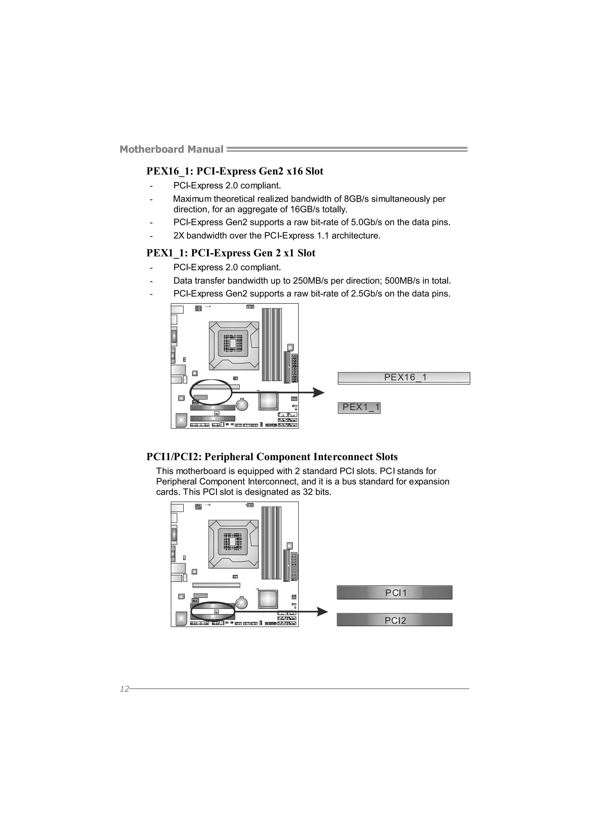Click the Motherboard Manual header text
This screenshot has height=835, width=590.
tap(171, 150)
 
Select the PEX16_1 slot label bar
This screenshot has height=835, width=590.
tap(404, 377)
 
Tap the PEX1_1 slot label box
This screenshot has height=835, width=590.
tap(359, 408)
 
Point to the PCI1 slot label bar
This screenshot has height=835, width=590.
tap(394, 593)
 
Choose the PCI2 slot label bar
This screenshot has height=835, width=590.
tap(394, 620)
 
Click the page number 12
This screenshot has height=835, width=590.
tap(124, 689)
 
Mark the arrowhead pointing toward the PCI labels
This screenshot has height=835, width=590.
tap(322, 612)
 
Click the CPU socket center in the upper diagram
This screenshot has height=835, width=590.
tap(233, 344)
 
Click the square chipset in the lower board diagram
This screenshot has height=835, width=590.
tap(268, 599)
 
